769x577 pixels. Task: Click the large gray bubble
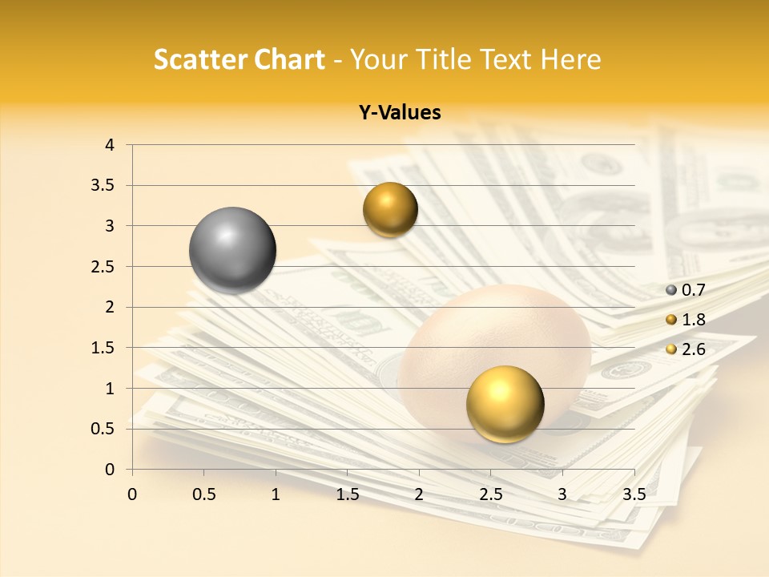(233, 250)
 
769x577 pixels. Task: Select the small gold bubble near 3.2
(390, 210)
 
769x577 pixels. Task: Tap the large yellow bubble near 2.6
(505, 404)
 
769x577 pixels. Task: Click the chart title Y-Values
(399, 113)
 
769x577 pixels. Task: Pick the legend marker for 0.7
(671, 290)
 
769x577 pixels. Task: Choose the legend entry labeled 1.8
(693, 320)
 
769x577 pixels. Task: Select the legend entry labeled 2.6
(693, 349)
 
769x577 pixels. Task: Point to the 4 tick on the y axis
(110, 145)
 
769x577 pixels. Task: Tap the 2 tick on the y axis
(110, 307)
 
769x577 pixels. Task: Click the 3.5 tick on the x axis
(634, 494)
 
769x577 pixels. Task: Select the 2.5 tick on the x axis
(490, 494)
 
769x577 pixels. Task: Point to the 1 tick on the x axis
(276, 494)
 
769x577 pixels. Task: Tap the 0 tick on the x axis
(132, 494)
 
